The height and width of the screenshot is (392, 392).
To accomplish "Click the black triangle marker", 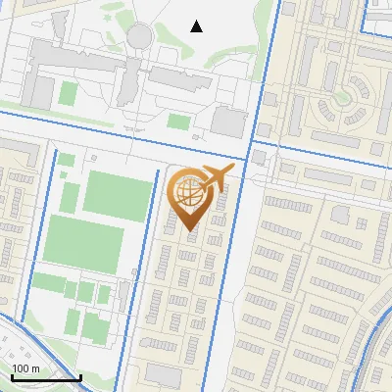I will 197,26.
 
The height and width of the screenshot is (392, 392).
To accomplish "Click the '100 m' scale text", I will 26,368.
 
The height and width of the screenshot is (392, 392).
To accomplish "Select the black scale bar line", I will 45,378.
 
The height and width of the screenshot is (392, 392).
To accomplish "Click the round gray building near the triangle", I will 140,35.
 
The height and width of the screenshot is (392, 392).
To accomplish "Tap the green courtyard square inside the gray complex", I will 68,94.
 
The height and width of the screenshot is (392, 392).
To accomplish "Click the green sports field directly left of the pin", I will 118,194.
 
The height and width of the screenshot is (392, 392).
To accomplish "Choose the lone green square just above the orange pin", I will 178,121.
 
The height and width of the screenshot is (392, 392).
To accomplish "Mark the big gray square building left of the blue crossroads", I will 228,122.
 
